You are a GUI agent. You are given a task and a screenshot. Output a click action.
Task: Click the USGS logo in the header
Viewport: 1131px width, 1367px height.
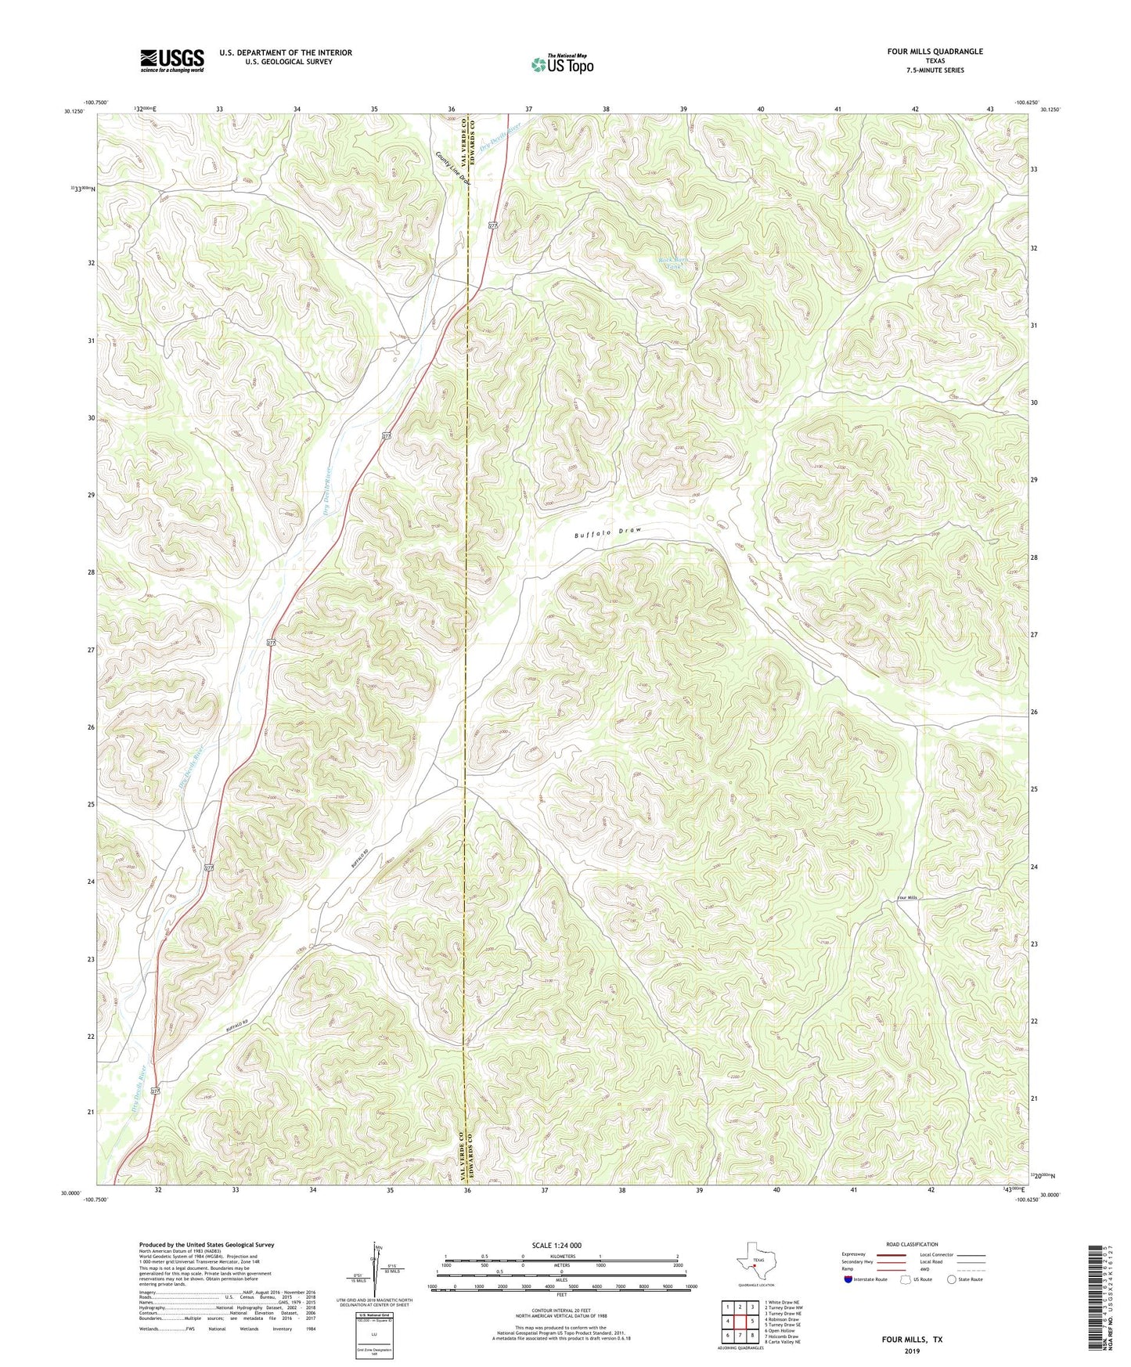click(171, 60)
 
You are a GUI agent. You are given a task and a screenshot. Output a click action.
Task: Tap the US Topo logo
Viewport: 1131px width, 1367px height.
click(562, 64)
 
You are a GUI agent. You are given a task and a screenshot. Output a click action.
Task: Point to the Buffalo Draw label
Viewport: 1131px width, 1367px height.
click(607, 532)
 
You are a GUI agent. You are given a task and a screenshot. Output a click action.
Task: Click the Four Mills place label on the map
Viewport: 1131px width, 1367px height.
click(906, 897)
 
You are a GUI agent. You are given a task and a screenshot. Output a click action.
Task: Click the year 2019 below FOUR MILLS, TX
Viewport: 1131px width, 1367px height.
click(912, 1351)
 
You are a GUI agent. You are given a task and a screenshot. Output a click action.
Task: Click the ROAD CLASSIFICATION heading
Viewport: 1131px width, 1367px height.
click(911, 1244)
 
